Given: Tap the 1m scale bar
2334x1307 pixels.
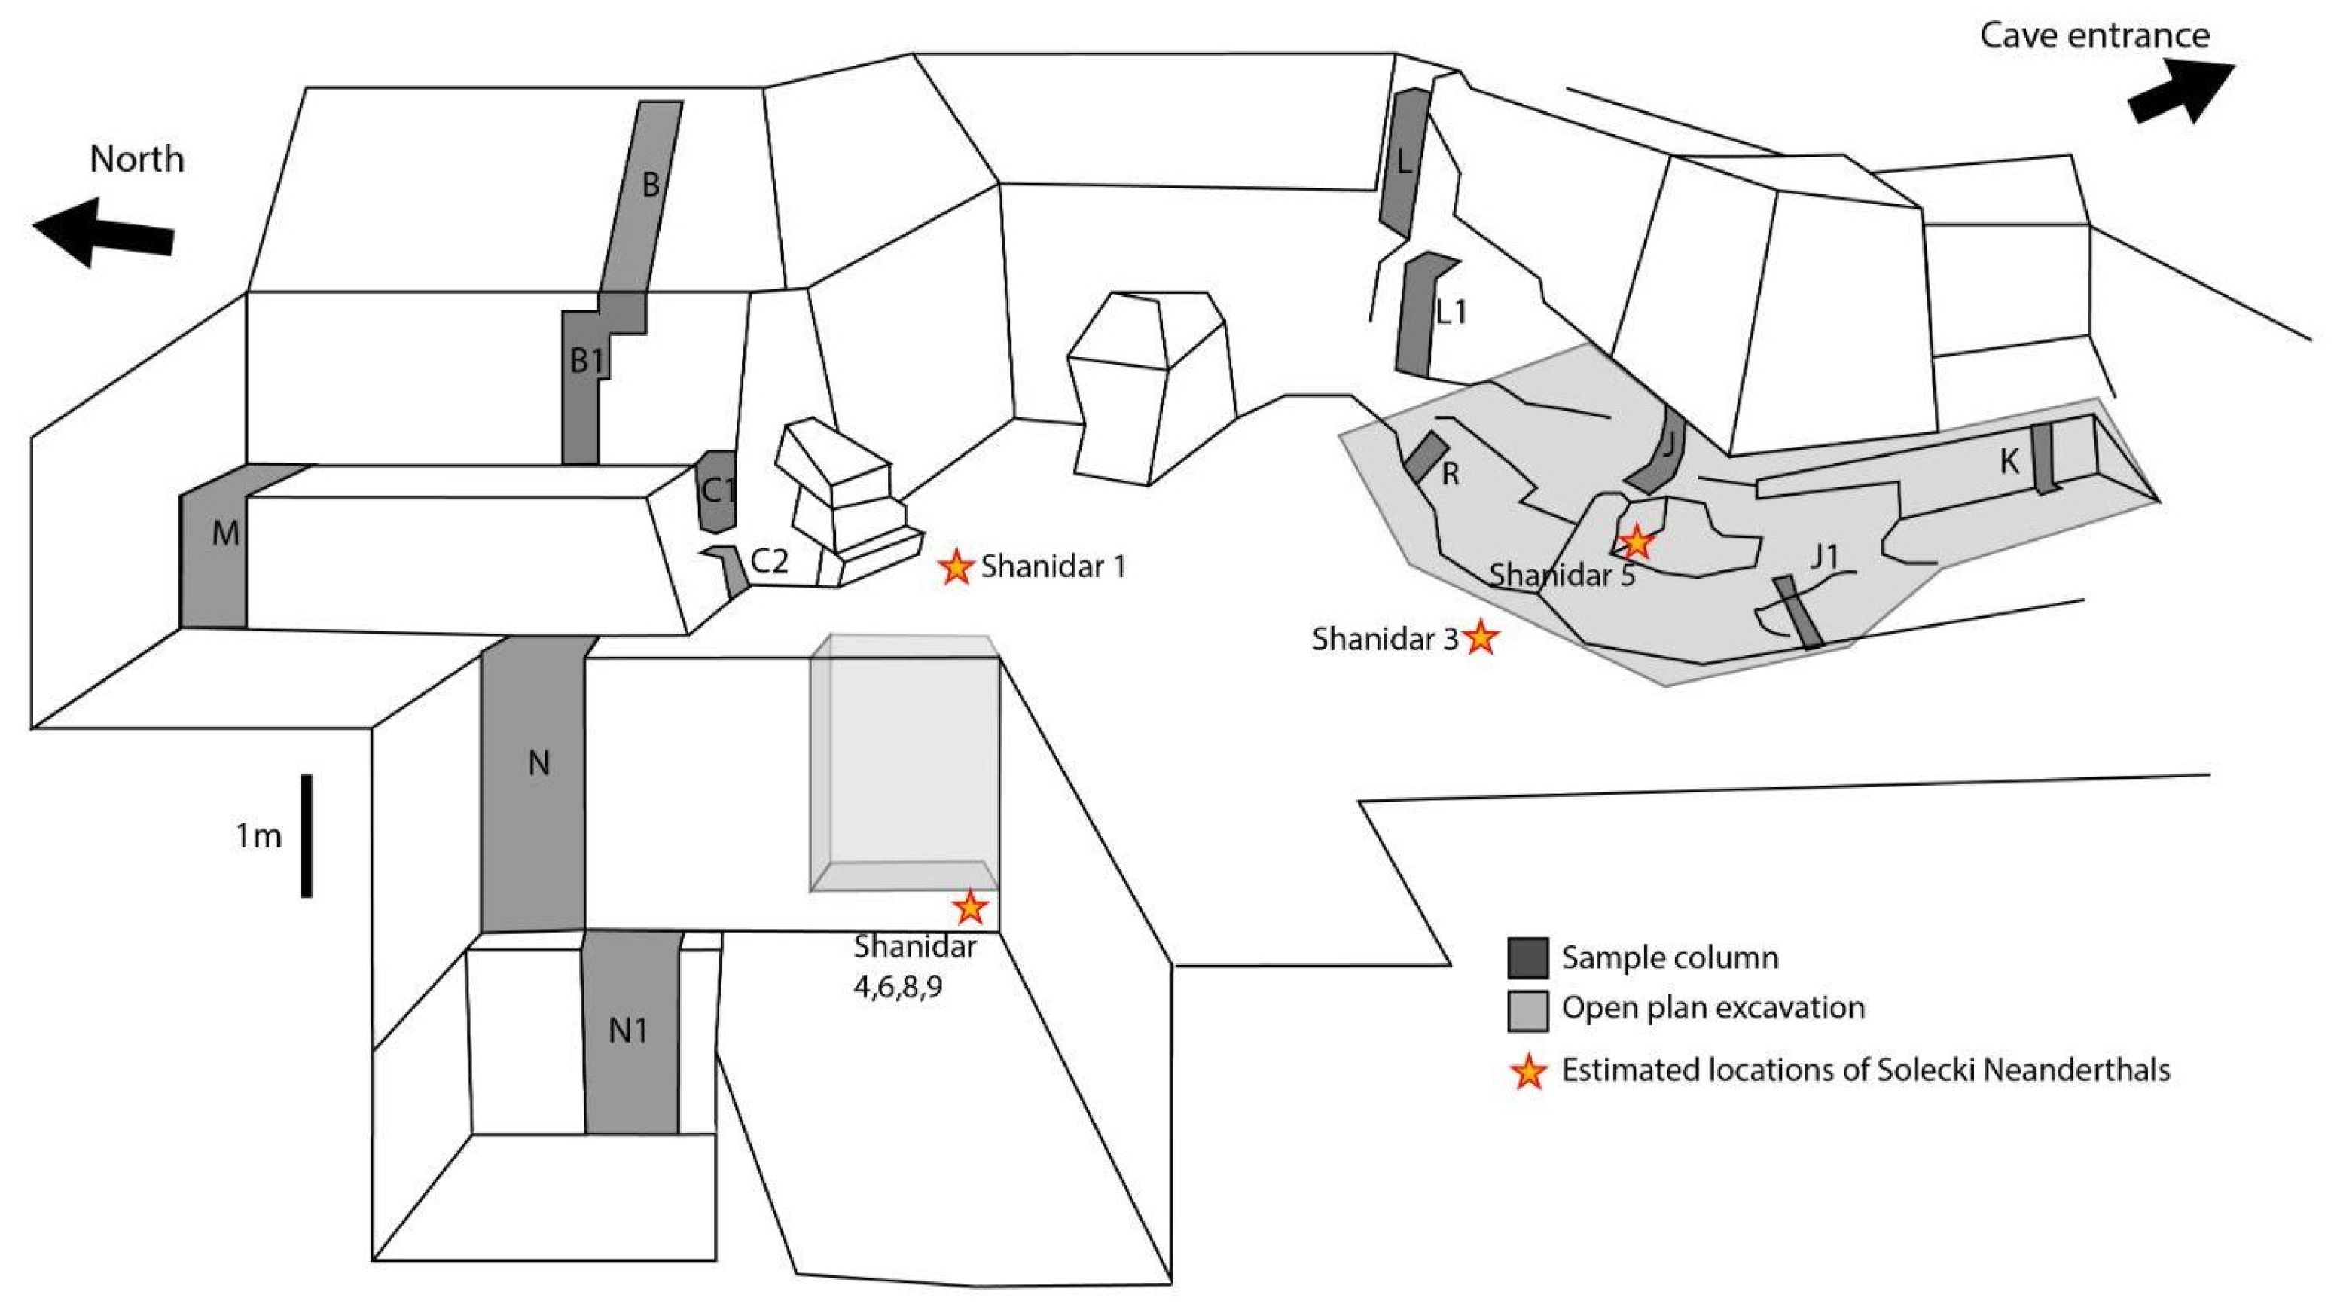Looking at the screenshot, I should click(x=307, y=835).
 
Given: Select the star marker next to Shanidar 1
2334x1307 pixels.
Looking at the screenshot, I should click(x=956, y=567).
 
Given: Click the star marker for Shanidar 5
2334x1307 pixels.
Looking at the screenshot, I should click(x=1637, y=543).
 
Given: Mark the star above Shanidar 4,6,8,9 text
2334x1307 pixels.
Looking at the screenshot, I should click(x=970, y=906).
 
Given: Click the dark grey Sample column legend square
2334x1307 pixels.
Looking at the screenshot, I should click(x=1527, y=958).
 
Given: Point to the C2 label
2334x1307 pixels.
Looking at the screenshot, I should click(x=769, y=562).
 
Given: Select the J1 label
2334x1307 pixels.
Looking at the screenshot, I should click(x=1825, y=556).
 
